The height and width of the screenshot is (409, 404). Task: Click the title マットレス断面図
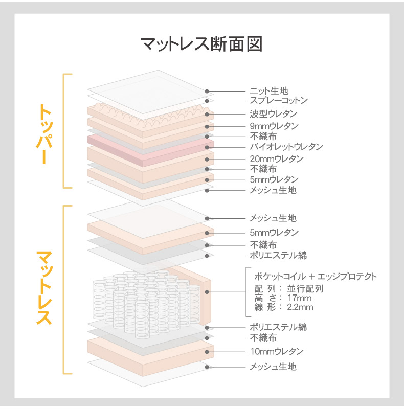(x=201, y=44)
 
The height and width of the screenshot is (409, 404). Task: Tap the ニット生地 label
(x=269, y=91)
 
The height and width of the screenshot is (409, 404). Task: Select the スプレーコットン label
(x=279, y=100)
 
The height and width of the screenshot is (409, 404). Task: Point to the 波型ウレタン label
(x=274, y=114)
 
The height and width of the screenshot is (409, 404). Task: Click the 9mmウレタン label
(x=274, y=126)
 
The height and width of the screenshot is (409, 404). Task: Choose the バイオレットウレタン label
(x=286, y=147)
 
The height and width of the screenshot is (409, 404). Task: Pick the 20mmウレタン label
(x=277, y=159)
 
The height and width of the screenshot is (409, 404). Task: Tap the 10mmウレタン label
(x=277, y=351)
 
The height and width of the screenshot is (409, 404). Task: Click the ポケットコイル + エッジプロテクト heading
(x=316, y=277)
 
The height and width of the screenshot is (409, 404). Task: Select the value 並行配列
(x=305, y=289)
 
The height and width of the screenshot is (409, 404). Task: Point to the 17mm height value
(x=300, y=298)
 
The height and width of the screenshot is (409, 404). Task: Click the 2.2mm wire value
(x=300, y=307)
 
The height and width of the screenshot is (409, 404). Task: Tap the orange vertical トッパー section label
(x=44, y=134)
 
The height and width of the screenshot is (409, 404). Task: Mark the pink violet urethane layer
(x=150, y=150)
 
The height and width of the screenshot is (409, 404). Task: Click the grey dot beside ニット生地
(x=207, y=92)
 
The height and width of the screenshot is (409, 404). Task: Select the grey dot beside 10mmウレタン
(x=207, y=352)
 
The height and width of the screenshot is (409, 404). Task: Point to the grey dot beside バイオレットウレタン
(x=207, y=147)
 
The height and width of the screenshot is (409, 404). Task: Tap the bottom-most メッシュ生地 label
(x=273, y=367)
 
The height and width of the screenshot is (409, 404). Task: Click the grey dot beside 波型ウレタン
(x=207, y=114)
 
